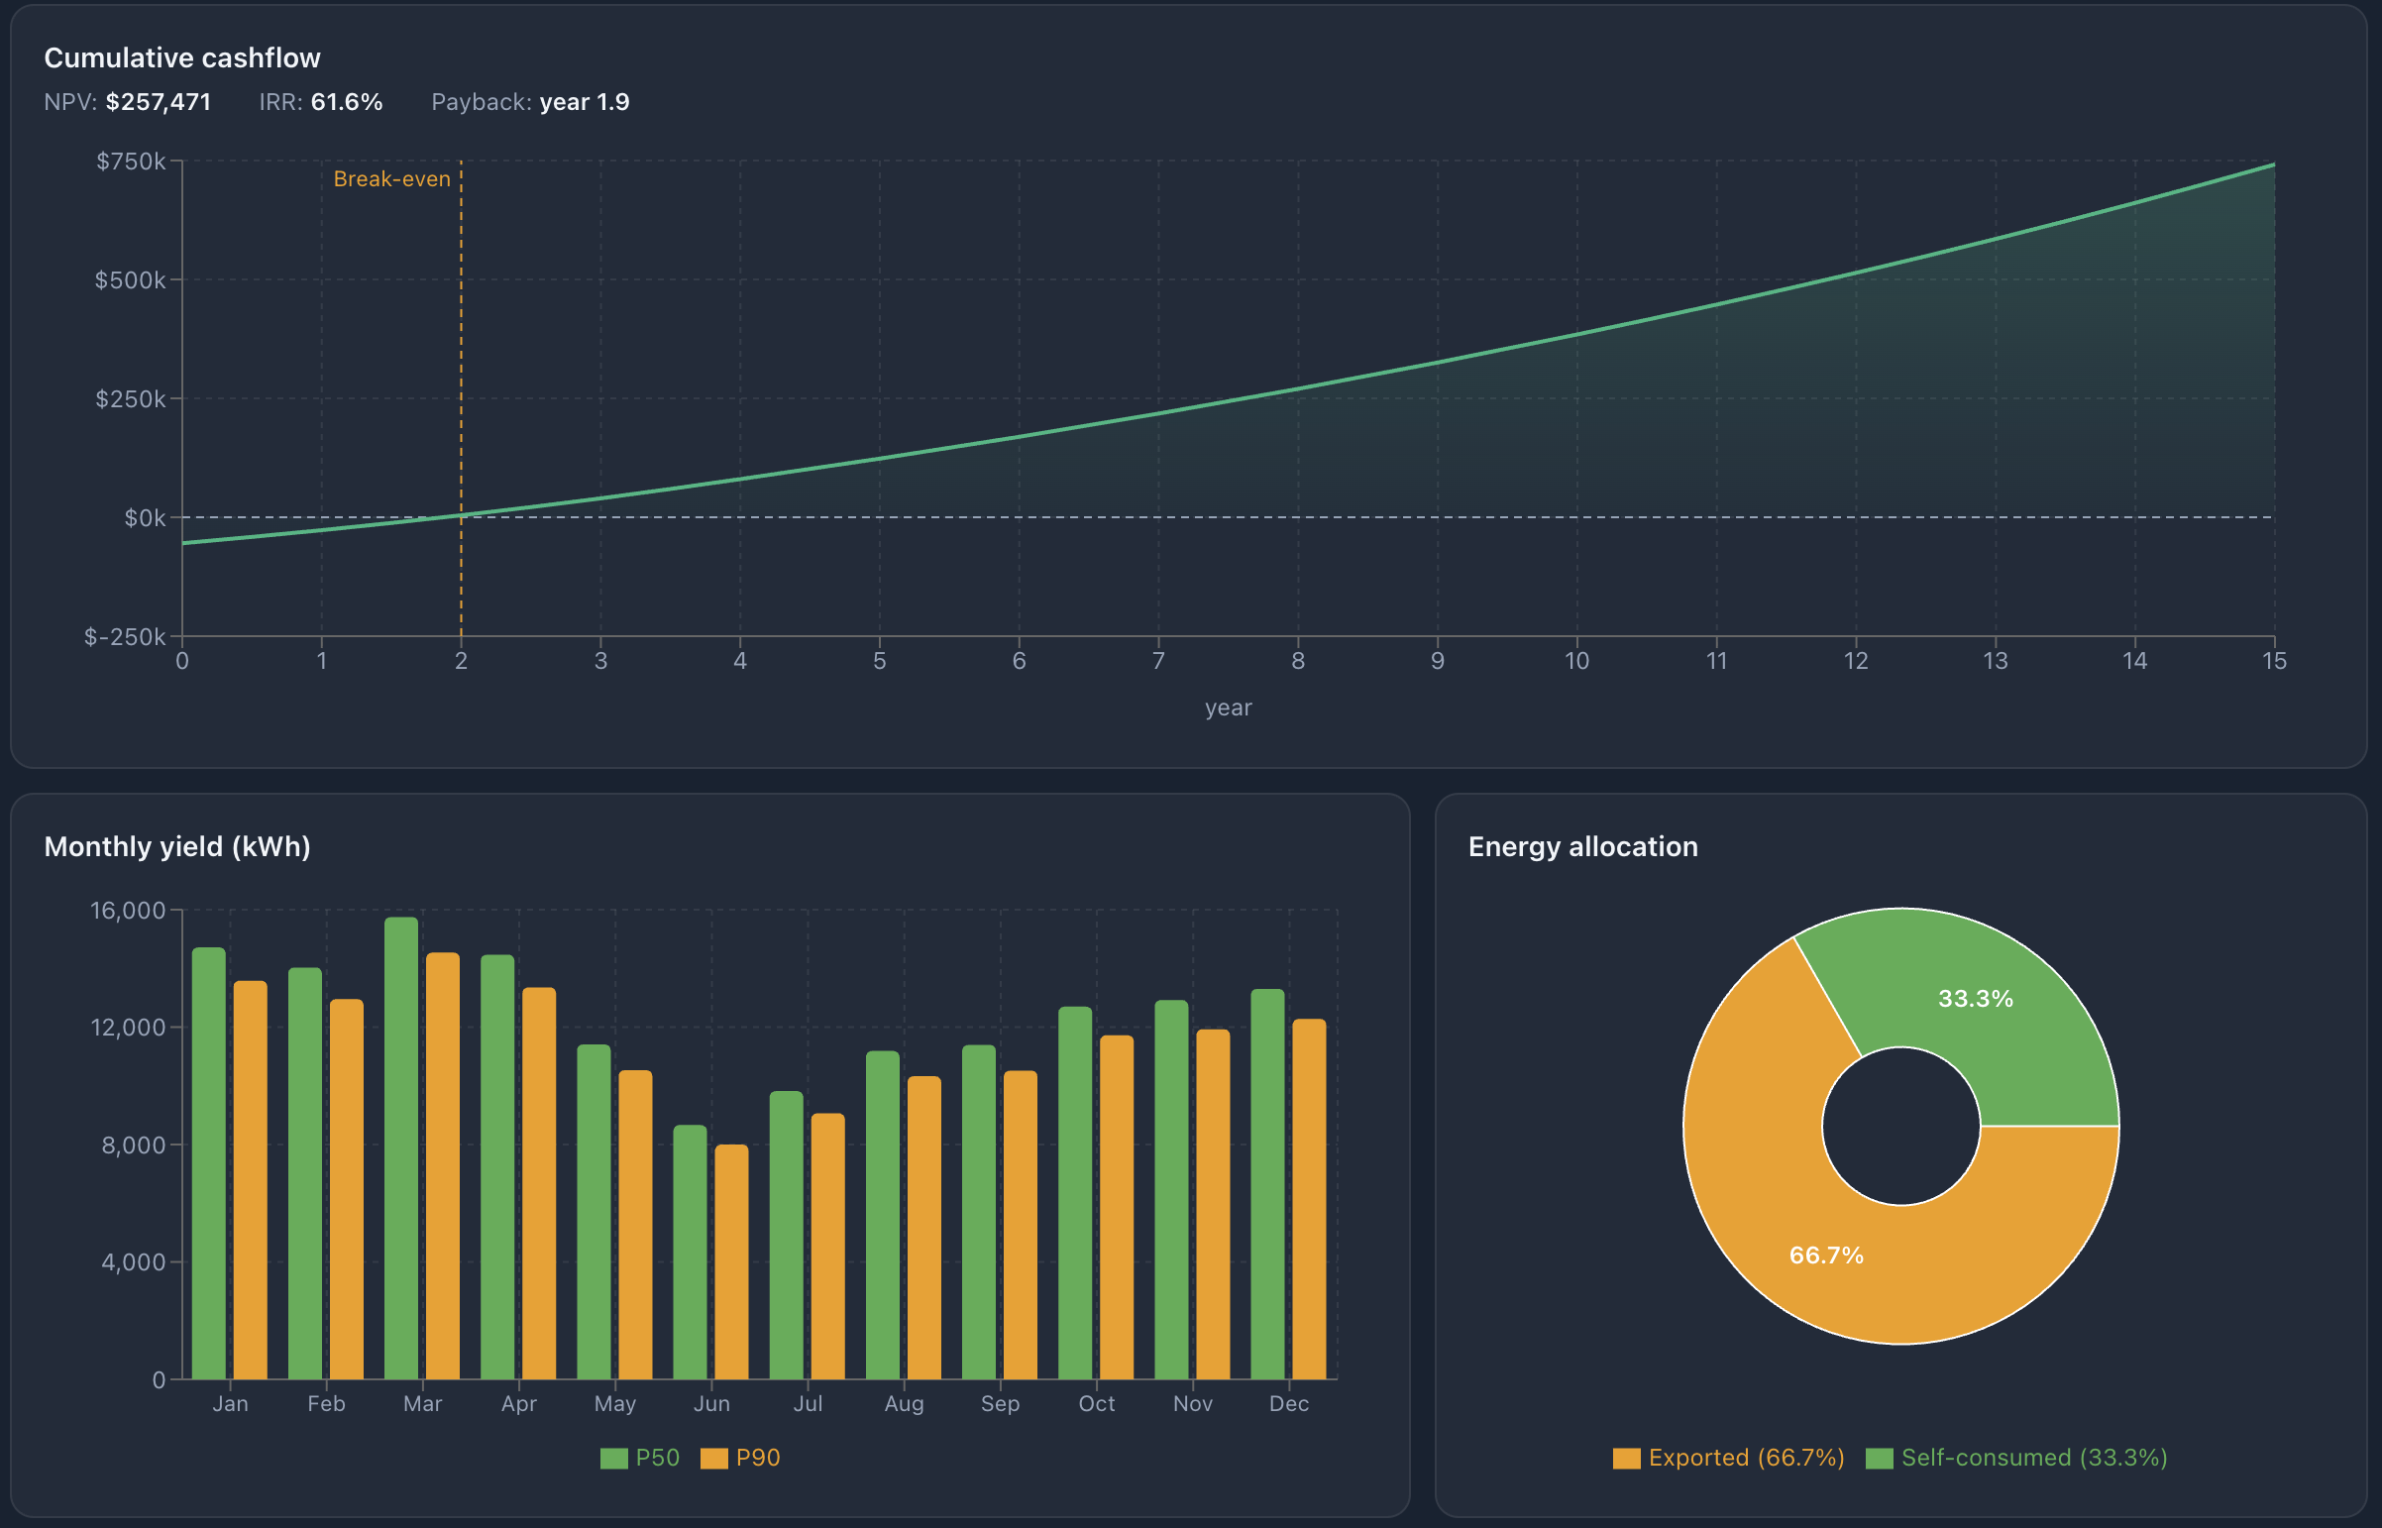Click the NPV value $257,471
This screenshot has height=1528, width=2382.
tap(158, 102)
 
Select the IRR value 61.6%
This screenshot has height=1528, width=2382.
tap(346, 102)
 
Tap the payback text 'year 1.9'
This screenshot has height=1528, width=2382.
tap(584, 102)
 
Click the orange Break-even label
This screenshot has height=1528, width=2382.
tap(391, 178)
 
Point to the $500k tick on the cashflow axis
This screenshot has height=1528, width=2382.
tap(130, 279)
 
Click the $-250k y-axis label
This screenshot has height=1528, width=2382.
tap(124, 637)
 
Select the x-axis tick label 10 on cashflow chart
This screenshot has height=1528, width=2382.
tap(1576, 661)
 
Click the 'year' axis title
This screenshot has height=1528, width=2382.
tap(1229, 708)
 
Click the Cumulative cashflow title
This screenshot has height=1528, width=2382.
tap(182, 57)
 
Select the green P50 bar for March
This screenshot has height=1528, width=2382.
tap(401, 1151)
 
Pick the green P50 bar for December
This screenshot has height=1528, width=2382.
tap(1267, 1186)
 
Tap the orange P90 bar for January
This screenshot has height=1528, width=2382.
tap(250, 1181)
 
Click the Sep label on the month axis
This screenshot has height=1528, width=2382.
tap(1000, 1403)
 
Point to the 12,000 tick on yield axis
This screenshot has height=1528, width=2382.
tap(128, 1027)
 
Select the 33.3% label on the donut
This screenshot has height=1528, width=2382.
tap(1975, 998)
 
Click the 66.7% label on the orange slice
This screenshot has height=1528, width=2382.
tap(1825, 1255)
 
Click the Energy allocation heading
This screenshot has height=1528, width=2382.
tap(1582, 846)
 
